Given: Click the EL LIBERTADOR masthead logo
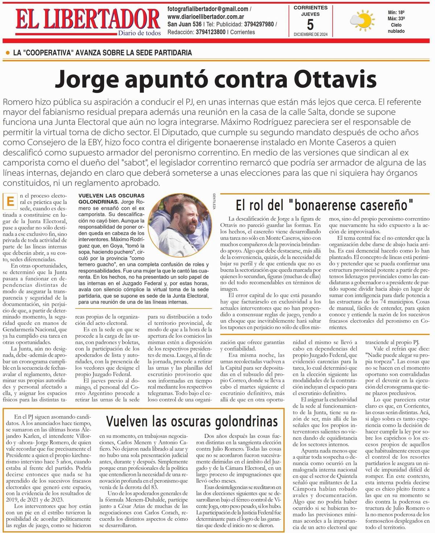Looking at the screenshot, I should pos(88,18).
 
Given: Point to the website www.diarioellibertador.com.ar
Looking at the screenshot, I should pos(205,17).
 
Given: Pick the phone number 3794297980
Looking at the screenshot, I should pos(258,24).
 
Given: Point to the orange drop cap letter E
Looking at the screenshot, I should pos(10,201).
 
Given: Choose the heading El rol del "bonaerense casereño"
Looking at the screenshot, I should pos(324,205).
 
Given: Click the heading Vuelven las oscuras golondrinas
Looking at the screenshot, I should pos(192,421).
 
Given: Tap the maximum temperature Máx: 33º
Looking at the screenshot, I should pos(396,18).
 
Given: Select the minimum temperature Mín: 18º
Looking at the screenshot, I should pos(396,12).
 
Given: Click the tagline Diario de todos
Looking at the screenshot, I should pos(139,33).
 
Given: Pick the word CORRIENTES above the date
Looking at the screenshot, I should pos(310,8).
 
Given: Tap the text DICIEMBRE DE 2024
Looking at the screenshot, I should pos(310,34).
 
